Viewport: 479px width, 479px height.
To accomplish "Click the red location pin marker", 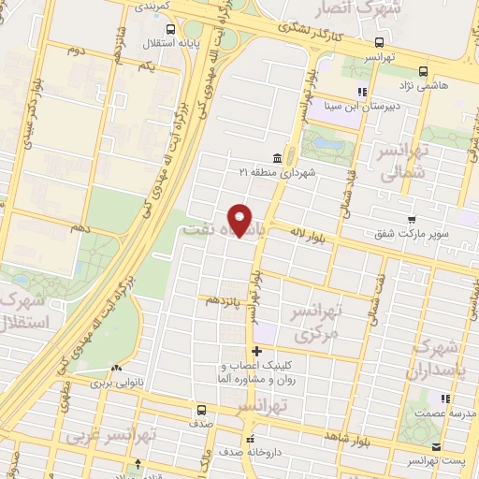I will pyautogui.click(x=240, y=221).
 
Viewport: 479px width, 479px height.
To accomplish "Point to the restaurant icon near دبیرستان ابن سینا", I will pyautogui.click(x=359, y=92).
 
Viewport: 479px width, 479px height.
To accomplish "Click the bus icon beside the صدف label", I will pyautogui.click(x=201, y=410).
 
